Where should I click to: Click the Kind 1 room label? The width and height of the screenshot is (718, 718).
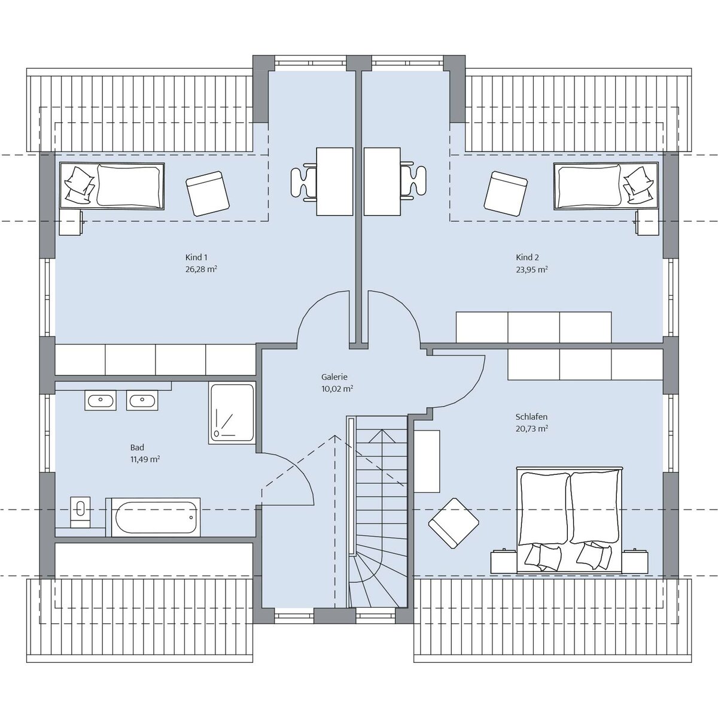[196, 257]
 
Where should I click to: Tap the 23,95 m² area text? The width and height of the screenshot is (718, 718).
[532, 269]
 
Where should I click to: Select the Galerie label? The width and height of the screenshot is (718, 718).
[334, 377]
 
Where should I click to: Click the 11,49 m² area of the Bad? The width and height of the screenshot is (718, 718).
[145, 459]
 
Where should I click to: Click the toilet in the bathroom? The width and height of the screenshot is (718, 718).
[80, 512]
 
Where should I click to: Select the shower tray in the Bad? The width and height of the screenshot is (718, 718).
[232, 413]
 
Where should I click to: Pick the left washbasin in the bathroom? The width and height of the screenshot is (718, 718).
[101, 400]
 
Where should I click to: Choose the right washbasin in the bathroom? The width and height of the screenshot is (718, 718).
[142, 400]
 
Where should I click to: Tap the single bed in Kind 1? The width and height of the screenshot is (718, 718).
[112, 186]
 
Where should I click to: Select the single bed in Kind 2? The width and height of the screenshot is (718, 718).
[606, 186]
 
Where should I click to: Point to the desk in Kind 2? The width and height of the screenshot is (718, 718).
[382, 181]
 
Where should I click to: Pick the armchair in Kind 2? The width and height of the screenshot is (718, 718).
[506, 193]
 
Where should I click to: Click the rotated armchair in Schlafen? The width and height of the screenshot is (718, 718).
[454, 523]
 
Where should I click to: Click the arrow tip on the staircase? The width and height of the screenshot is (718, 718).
[382, 430]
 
